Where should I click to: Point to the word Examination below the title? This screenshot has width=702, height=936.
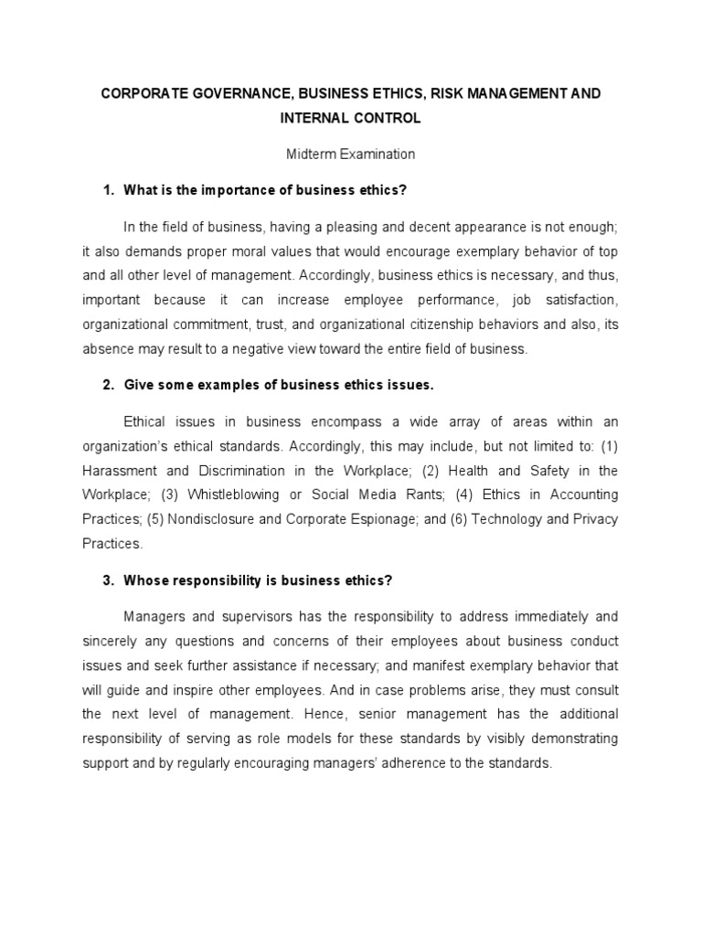(x=377, y=154)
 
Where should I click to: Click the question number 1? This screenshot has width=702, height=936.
(x=107, y=189)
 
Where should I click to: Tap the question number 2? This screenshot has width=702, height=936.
(x=107, y=385)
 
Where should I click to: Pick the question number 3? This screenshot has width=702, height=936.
(x=107, y=580)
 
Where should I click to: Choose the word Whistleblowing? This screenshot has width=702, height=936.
(x=238, y=495)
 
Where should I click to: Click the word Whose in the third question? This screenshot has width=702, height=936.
(x=145, y=580)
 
